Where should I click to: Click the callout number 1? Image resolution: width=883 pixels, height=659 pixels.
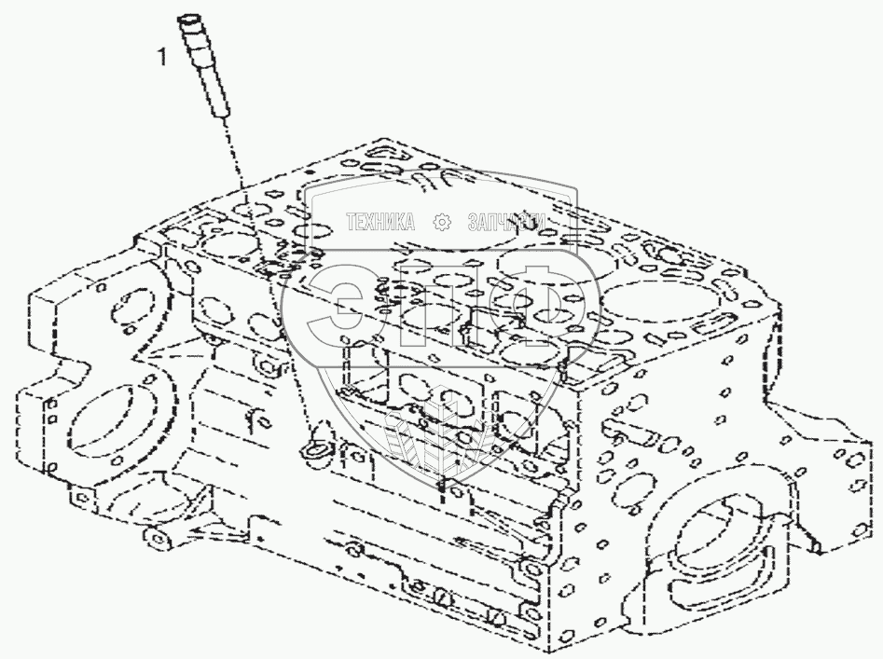[162, 59]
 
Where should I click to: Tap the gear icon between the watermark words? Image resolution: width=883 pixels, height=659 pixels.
[443, 222]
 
